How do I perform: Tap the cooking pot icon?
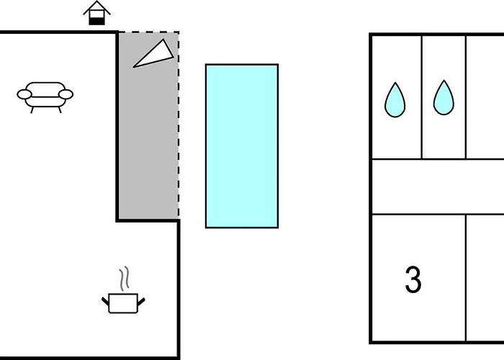click(x=123, y=302)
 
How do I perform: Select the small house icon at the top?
click(x=97, y=14)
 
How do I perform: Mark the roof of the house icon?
click(x=97, y=8)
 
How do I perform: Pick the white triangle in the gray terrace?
click(x=156, y=55)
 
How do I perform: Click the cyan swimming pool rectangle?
click(x=242, y=145)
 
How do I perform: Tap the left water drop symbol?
click(x=395, y=100)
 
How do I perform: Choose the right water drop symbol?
click(x=444, y=98)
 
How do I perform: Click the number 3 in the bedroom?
click(x=413, y=281)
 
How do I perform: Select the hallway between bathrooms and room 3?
click(x=436, y=186)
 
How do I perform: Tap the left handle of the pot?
click(x=106, y=298)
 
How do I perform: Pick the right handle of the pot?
click(x=141, y=298)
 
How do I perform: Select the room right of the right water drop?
click(x=485, y=96)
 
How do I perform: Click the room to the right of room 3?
click(x=485, y=277)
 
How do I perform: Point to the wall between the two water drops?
click(x=421, y=96)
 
